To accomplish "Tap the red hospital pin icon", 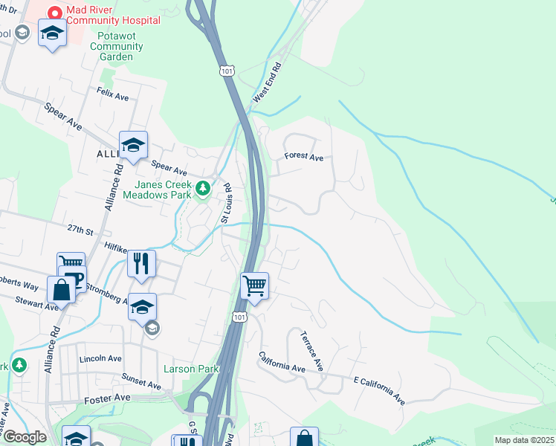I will click(54, 13).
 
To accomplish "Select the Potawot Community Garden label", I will click(116, 46).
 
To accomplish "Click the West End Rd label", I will click(268, 83).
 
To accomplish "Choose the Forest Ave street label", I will click(304, 157).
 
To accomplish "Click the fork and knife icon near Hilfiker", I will click(140, 263).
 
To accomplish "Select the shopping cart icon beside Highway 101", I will click(254, 285).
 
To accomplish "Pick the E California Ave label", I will click(379, 390).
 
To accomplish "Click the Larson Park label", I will click(181, 369).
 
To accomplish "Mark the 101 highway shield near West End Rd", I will click(226, 70).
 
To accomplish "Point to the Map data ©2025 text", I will click(524, 440).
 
